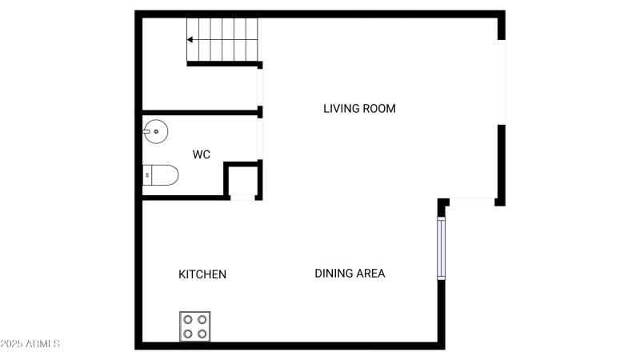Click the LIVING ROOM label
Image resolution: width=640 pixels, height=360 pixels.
coord(359,108)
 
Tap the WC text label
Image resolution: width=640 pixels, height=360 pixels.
coord(202,154)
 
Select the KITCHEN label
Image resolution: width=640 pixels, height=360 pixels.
coord(202,274)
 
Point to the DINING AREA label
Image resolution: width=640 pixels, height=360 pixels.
coord(350,274)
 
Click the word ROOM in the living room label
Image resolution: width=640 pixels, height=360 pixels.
coord(380,108)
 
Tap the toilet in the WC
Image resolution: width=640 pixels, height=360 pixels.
coord(162,175)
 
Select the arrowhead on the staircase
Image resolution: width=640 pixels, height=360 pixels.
coord(190,39)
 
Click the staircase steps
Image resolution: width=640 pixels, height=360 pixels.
coord(223,39)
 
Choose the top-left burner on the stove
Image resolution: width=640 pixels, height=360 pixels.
coord(188,318)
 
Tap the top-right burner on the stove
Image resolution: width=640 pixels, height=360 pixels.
coord(202,318)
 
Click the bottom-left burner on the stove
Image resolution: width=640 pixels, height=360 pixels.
coord(188,333)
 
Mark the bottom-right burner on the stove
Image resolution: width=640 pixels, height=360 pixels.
coord(202,333)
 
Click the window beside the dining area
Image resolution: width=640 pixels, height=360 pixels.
coord(441,248)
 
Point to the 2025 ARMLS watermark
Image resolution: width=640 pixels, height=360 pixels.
coord(30,344)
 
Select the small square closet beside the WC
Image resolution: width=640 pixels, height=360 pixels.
coord(242,180)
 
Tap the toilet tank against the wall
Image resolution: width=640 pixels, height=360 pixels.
coord(147,175)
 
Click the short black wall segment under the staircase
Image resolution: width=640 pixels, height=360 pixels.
coord(224,64)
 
